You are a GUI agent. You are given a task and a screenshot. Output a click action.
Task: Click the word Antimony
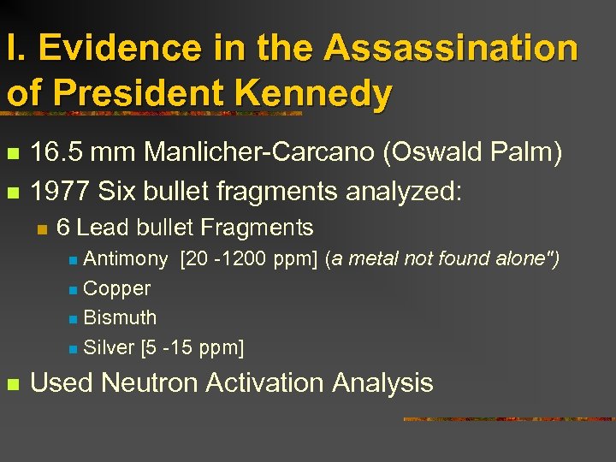tap(126, 258)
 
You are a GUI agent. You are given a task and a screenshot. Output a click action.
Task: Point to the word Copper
tap(117, 288)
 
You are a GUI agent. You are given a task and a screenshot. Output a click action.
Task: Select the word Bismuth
tap(121, 317)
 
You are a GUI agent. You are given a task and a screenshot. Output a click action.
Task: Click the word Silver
tap(109, 347)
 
